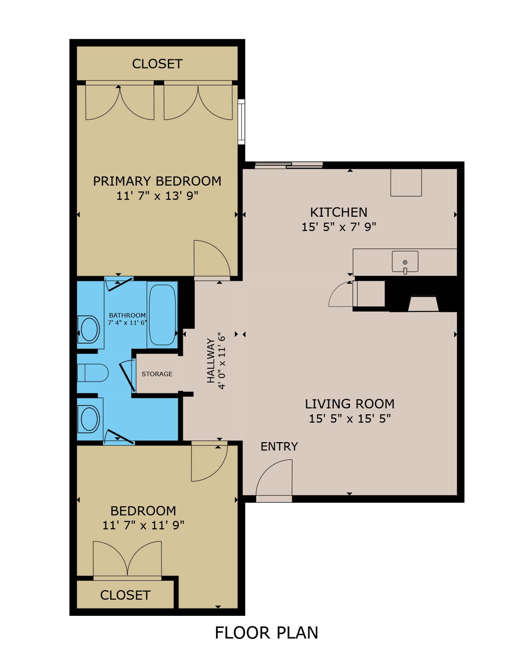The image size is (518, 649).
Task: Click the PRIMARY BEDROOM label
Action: (x=157, y=181)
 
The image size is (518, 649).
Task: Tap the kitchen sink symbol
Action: (x=405, y=262)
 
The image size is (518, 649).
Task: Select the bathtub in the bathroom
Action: (x=162, y=315)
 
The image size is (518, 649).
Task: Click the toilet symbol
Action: (x=93, y=373)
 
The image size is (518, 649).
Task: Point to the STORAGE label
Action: (x=157, y=374)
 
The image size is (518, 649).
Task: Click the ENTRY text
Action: (x=279, y=447)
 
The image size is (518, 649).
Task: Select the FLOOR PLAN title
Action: (x=266, y=633)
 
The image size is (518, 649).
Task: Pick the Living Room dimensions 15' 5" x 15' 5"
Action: (x=349, y=418)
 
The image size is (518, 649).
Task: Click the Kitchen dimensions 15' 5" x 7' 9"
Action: (x=339, y=227)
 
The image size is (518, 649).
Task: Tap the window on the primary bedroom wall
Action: (x=241, y=122)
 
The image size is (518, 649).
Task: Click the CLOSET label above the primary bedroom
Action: (x=157, y=64)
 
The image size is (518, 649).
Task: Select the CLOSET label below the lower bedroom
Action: (x=125, y=595)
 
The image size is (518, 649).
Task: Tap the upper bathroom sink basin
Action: (x=90, y=330)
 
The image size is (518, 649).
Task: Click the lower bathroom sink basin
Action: (x=89, y=419)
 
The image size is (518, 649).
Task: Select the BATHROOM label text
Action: (x=127, y=315)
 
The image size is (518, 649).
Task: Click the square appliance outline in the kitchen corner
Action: (x=406, y=182)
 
